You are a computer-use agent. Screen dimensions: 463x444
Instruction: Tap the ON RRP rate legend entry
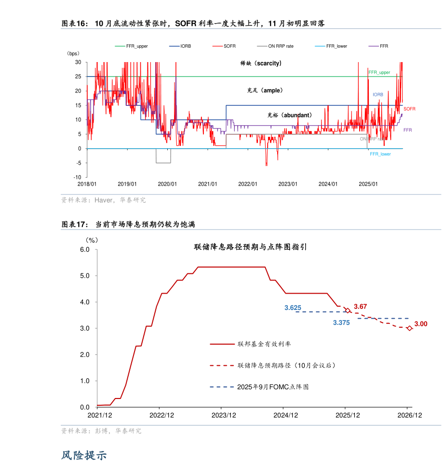click(x=281, y=46)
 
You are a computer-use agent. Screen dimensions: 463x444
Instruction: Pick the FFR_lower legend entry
click(x=336, y=46)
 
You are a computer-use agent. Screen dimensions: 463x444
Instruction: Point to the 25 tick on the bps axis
click(x=78, y=77)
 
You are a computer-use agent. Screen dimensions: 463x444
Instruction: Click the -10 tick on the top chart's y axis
click(x=77, y=177)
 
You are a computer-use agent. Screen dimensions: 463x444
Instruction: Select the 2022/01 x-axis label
click(x=248, y=184)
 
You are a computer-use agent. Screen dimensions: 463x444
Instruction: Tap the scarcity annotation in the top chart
click(x=261, y=63)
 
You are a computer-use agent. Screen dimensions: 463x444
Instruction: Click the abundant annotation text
click(x=289, y=115)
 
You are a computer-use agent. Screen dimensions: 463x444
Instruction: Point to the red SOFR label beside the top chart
click(x=409, y=109)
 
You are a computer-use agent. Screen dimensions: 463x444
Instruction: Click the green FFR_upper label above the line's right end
click(x=379, y=72)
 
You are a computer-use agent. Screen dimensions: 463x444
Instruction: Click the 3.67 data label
click(x=360, y=306)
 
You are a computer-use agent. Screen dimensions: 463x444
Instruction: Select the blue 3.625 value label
click(x=293, y=308)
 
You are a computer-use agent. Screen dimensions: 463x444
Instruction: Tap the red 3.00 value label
click(x=421, y=324)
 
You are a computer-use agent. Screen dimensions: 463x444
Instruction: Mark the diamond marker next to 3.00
click(x=409, y=328)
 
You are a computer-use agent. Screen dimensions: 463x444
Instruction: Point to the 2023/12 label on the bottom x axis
click(x=224, y=415)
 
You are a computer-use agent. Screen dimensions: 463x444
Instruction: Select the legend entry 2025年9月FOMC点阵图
click(x=272, y=386)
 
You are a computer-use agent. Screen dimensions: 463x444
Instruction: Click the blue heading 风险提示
click(x=84, y=454)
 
